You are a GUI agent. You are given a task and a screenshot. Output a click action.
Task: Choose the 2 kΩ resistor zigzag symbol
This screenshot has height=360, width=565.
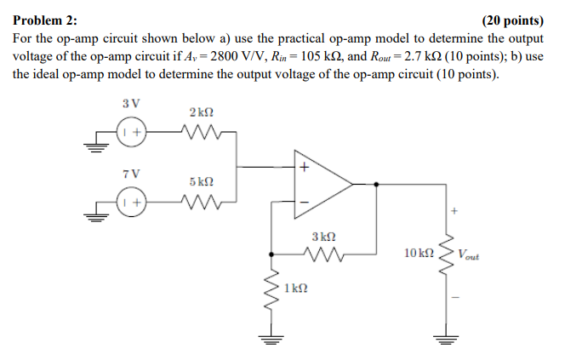coord(202,133)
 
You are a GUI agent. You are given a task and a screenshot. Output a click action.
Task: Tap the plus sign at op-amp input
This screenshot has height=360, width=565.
coord(302,169)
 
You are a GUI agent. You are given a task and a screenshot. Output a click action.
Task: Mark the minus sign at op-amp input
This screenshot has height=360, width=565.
coord(302,202)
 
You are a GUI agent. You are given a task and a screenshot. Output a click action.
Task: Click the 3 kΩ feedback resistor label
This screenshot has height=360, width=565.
coord(323,234)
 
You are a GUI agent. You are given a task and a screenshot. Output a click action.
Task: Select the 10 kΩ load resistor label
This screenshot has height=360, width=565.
coord(418,253)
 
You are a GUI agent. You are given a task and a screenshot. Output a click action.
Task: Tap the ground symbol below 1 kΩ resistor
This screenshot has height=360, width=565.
coord(271,340)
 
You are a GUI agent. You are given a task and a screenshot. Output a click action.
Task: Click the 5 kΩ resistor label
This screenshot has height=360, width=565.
coord(202,181)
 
